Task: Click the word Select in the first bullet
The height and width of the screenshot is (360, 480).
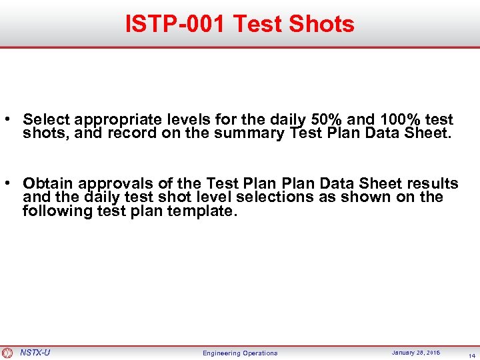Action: point(47,120)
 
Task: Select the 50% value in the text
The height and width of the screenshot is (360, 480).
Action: point(326,120)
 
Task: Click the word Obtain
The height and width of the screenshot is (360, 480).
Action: point(48,183)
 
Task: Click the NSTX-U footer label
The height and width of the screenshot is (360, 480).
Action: point(35,352)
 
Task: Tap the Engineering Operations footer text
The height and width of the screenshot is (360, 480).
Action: point(240,353)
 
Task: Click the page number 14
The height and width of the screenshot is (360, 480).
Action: point(471,355)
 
